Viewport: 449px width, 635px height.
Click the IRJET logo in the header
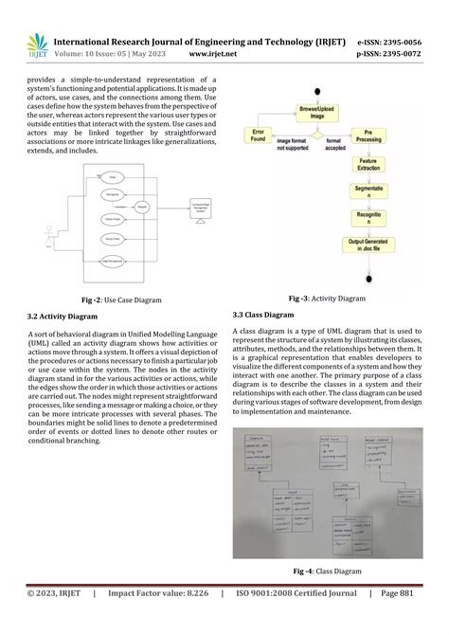36,44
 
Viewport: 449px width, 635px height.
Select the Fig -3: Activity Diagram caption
326,298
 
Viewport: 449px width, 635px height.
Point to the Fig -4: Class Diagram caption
326,571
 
